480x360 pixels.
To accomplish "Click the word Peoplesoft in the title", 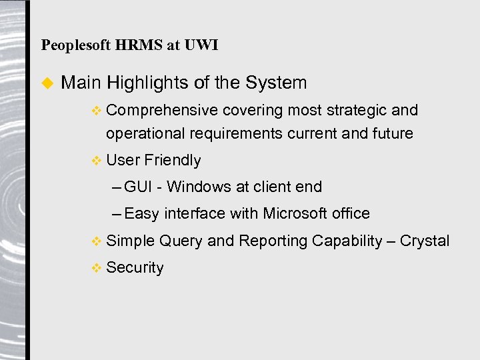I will coord(77,45).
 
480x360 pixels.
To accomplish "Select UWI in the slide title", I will coord(203,45).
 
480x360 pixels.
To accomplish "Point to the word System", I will coord(276,83).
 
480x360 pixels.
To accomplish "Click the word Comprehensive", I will coord(162,111).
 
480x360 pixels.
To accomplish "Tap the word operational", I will coord(145,133).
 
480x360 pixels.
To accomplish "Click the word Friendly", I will coord(172,161).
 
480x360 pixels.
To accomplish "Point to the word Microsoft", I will coord(295,214).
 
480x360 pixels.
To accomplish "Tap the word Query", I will coord(181,241).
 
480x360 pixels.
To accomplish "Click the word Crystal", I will coord(425,241).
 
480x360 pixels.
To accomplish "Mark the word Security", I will coord(135,268).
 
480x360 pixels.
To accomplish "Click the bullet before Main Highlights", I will coord(47,83).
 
